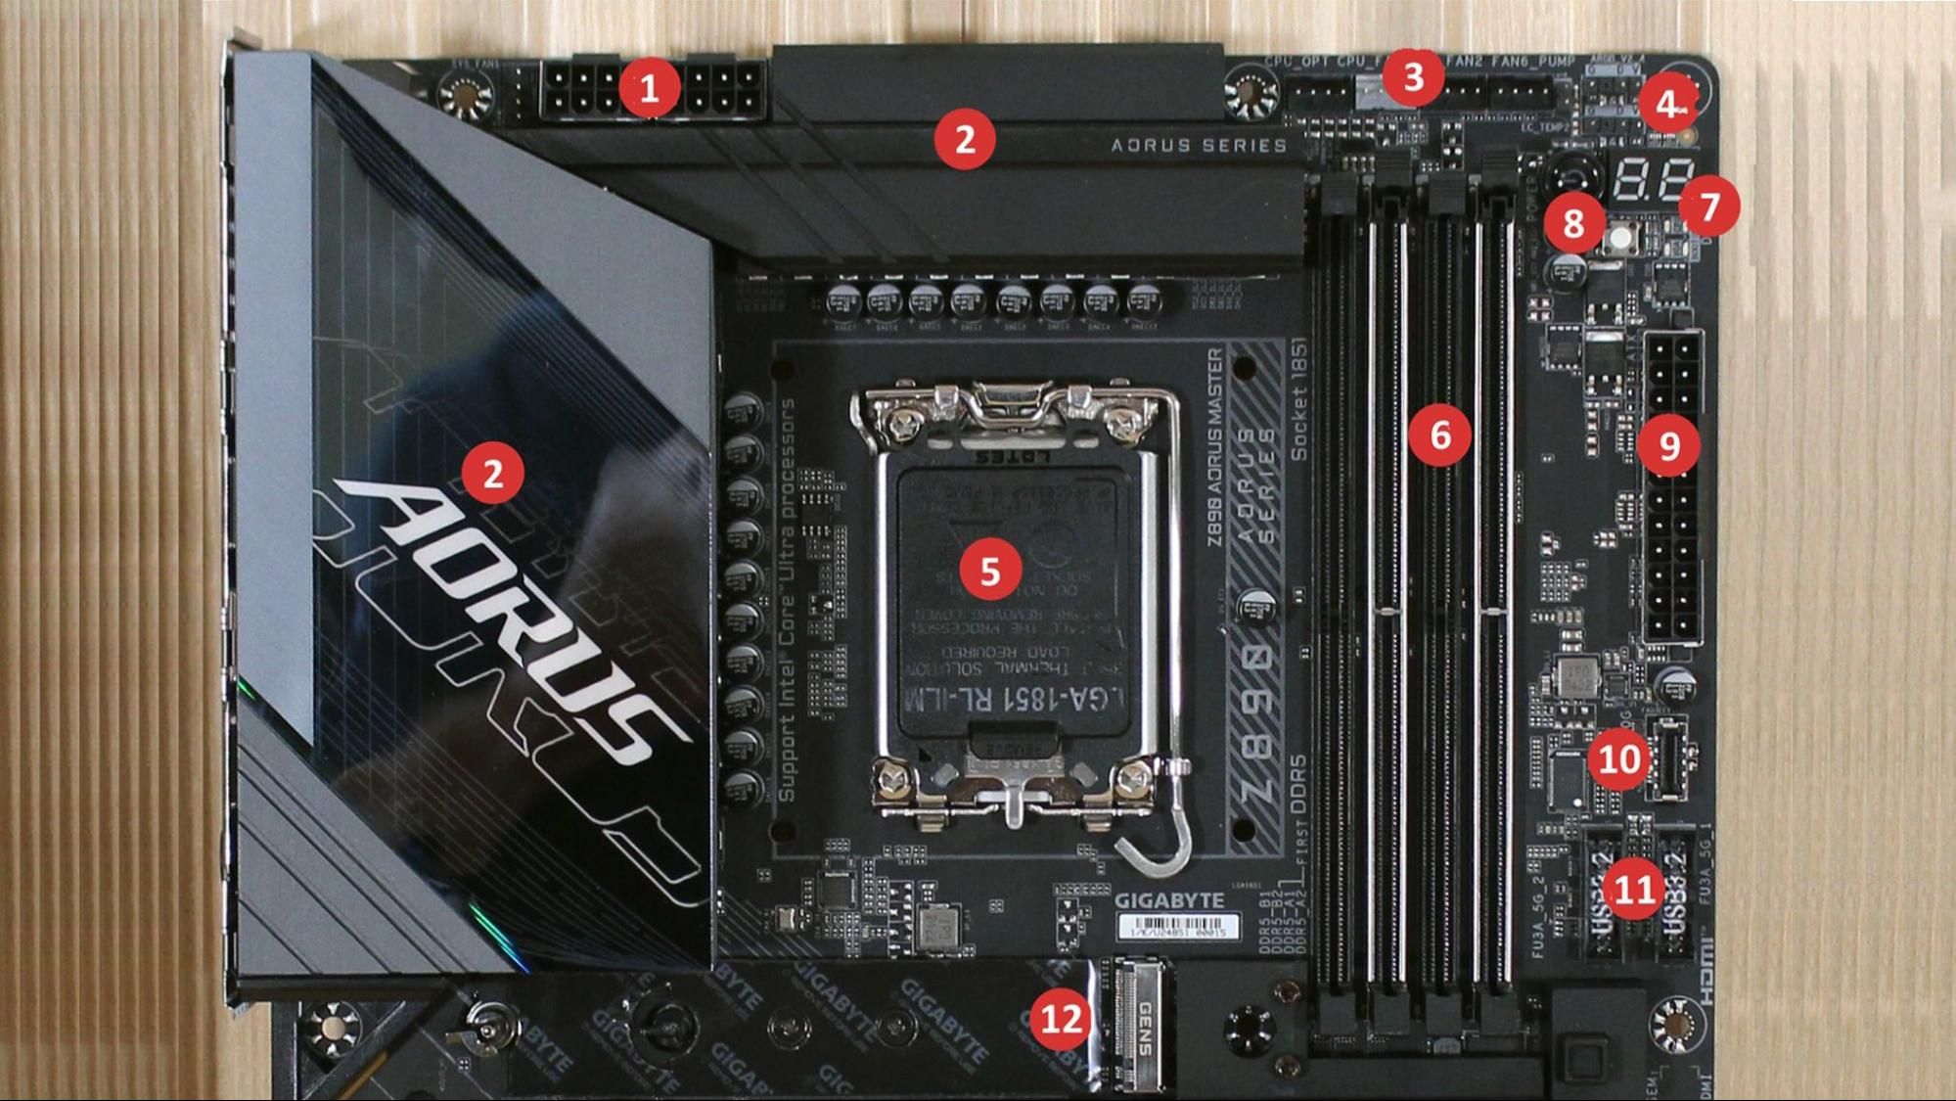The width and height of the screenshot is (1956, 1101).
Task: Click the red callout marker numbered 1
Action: pyautogui.click(x=649, y=88)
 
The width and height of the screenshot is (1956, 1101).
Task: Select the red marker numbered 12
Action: pyautogui.click(x=1060, y=1019)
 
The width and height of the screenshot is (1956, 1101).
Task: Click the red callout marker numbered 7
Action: pyautogui.click(x=1709, y=206)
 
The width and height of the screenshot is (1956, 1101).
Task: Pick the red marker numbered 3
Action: pyautogui.click(x=1412, y=76)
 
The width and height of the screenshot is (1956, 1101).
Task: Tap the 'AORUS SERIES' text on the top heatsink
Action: pyautogui.click(x=1199, y=146)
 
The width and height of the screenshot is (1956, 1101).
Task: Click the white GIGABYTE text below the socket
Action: pyautogui.click(x=1169, y=900)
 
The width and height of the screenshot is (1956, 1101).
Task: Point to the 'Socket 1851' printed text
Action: pyautogui.click(x=1298, y=399)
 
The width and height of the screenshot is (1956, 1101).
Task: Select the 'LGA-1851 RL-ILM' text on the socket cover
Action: pyautogui.click(x=1018, y=700)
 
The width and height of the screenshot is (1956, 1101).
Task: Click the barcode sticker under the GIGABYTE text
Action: pyautogui.click(x=1178, y=926)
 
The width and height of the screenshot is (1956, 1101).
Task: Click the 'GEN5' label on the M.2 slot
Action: pyautogui.click(x=1144, y=1028)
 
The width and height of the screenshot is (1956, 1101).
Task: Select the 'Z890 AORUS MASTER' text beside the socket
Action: pyautogui.click(x=1214, y=446)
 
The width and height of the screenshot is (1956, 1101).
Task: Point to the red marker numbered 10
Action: pyautogui.click(x=1618, y=757)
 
